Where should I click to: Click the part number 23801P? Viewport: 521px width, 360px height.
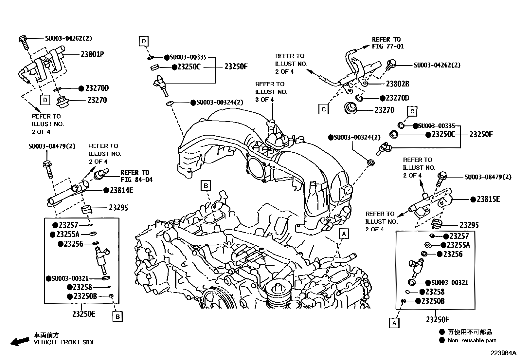tap(92, 54)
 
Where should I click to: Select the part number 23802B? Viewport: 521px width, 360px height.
tap(397, 84)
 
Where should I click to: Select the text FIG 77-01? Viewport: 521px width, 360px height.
tap(388, 47)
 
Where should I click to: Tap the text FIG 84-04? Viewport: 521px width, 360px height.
tap(136, 180)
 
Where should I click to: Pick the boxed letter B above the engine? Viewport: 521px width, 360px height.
tap(206, 186)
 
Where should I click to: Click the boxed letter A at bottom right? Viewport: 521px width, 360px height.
tap(394, 323)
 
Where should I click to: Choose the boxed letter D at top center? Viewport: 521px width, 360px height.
tap(143, 41)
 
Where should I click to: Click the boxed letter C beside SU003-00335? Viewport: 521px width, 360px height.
tap(412, 111)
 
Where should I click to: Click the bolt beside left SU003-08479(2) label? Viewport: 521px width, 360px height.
tap(47, 168)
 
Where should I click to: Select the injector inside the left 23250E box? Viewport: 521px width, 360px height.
tap(102, 258)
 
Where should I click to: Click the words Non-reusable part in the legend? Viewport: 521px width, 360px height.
tap(472, 340)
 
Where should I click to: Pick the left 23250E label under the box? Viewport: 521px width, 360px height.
tap(84, 314)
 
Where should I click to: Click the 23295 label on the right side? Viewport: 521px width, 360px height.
tap(469, 225)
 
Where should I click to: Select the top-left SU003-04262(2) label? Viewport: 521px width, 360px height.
tap(68, 38)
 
